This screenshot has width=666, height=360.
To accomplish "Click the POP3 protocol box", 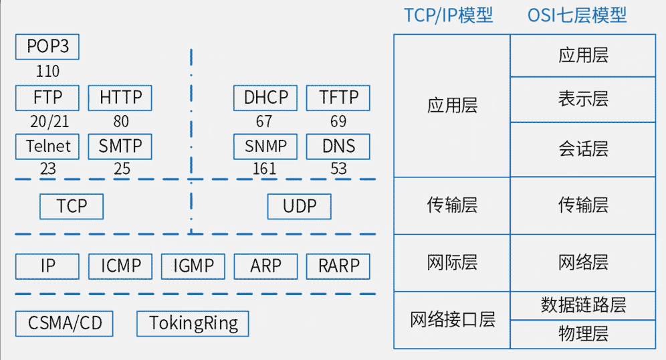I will coord(47,47).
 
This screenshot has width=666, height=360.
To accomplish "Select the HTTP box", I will coord(120,98).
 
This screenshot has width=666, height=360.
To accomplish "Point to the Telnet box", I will coord(47,146).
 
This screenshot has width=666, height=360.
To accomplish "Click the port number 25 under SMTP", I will coord(122,169).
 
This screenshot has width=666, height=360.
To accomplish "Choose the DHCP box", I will coord(265,98).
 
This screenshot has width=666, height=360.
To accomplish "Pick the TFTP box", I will coord(338,98).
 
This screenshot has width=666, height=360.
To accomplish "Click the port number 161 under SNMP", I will coord(264,169).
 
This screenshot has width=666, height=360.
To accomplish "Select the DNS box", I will coord(338,146).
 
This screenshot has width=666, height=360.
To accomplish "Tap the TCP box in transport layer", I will coord(72,206).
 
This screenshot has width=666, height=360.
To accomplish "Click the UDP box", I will coord(299,206).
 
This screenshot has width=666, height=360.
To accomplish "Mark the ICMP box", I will coord(121,266).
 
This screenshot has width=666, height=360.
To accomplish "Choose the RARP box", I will coord(338,266).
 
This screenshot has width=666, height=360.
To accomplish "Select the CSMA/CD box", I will coord(65,324).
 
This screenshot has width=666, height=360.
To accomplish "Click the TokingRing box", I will coord(193,324).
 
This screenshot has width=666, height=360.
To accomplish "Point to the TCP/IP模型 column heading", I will coord(448,15).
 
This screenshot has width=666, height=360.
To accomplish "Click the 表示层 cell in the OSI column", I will coord(583,100).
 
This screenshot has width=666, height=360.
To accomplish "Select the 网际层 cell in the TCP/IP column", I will coord(452,262).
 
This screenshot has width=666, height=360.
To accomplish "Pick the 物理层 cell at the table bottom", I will coord(583,334).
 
